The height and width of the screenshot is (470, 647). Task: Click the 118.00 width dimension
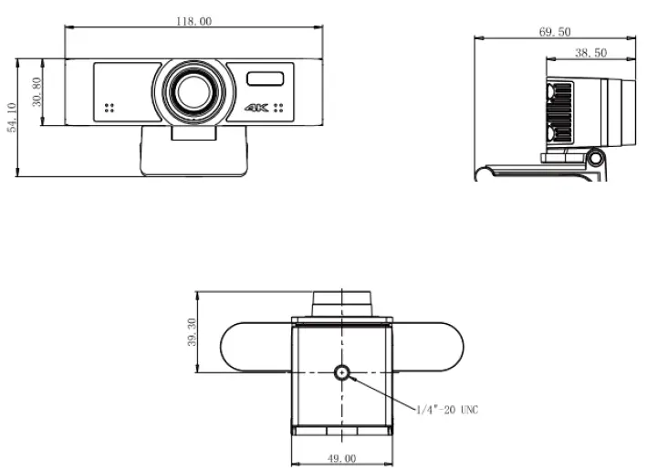193,20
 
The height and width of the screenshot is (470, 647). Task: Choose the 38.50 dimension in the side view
590,53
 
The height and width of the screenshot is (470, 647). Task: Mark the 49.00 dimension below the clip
342,459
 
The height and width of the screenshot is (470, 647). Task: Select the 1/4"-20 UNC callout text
447,410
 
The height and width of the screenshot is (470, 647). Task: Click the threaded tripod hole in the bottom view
342,372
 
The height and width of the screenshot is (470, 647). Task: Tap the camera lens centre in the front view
193,90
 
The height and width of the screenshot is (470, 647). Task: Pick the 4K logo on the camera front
256,108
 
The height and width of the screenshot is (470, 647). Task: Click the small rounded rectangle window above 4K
266,78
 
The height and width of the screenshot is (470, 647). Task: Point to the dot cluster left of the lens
109,108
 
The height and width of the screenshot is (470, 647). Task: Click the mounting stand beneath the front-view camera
193,151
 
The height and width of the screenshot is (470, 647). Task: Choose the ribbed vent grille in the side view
559,110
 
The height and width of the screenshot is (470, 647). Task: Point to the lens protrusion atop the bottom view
342,302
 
